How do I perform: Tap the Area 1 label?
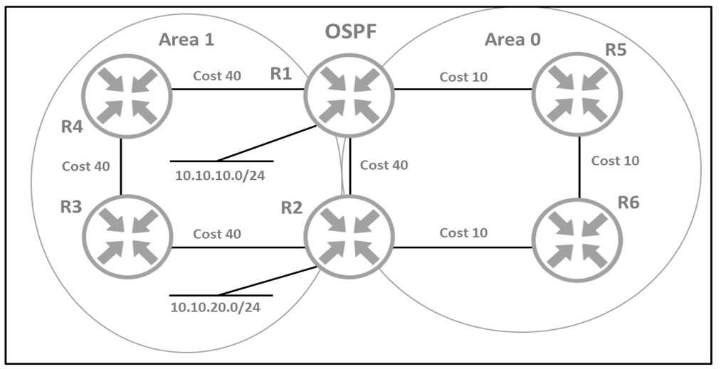tap(186, 39)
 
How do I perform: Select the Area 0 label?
tap(512, 39)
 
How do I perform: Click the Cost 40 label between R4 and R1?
tap(216, 76)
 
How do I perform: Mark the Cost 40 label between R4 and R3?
tap(86, 166)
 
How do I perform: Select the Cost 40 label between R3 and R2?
tap(216, 233)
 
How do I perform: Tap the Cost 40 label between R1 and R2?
tap(384, 165)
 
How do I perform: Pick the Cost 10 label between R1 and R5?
tap(463, 77)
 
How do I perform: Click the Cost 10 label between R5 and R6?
tap(615, 161)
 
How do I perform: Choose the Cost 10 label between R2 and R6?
tap(463, 233)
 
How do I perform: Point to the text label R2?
tap(291, 208)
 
